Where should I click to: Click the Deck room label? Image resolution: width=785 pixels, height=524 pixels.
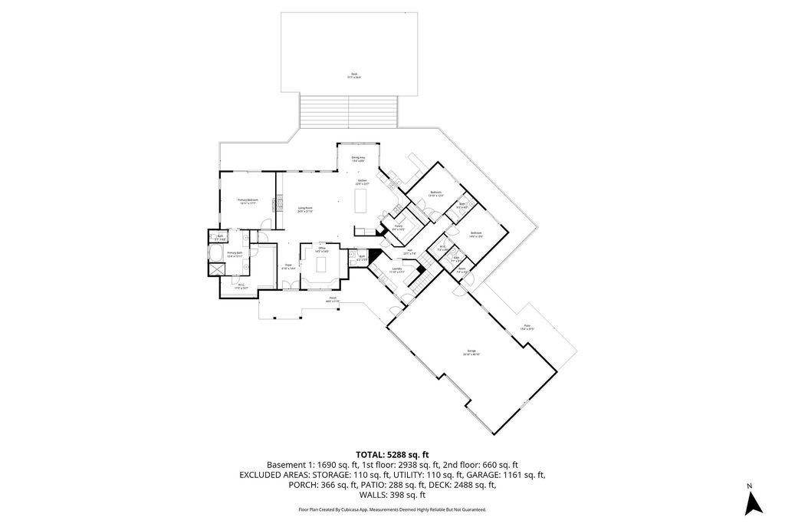click(353, 76)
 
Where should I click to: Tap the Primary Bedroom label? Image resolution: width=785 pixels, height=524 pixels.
click(247, 201)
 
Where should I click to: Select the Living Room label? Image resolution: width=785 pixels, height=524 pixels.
click(305, 209)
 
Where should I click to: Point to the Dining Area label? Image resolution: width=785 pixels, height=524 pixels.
click(358, 159)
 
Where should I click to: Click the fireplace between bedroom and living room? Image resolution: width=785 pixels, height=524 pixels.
click(278, 201)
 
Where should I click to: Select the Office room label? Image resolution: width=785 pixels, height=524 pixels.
click(323, 249)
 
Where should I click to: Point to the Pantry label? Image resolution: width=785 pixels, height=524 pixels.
click(399, 228)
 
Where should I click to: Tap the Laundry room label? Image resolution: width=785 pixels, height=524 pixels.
click(396, 270)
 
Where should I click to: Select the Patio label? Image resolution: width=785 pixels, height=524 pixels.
click(527, 328)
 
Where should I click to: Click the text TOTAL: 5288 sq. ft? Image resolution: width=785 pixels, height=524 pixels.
click(392, 453)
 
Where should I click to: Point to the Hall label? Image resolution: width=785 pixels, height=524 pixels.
click(410, 252)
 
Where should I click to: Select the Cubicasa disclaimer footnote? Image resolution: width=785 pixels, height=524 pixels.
click(392, 509)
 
